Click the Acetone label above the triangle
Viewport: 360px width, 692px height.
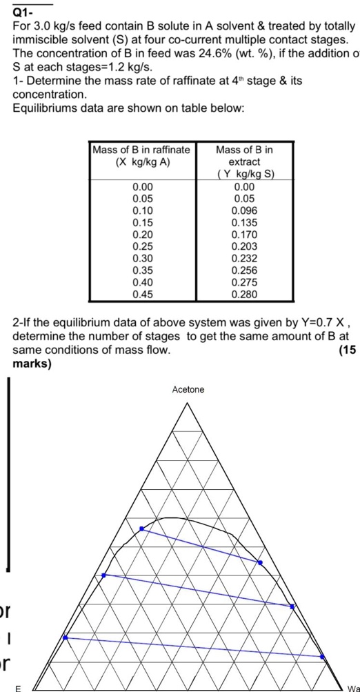click(x=188, y=390)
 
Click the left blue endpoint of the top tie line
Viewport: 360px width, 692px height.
click(x=141, y=528)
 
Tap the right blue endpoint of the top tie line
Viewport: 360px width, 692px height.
click(x=260, y=563)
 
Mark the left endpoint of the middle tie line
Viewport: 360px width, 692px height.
click(x=104, y=575)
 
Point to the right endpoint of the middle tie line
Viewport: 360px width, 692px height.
click(x=292, y=606)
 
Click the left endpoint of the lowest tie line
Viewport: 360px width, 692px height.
click(x=66, y=638)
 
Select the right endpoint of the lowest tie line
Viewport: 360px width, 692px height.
click(x=323, y=658)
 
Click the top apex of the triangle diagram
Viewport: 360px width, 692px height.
click(x=188, y=402)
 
